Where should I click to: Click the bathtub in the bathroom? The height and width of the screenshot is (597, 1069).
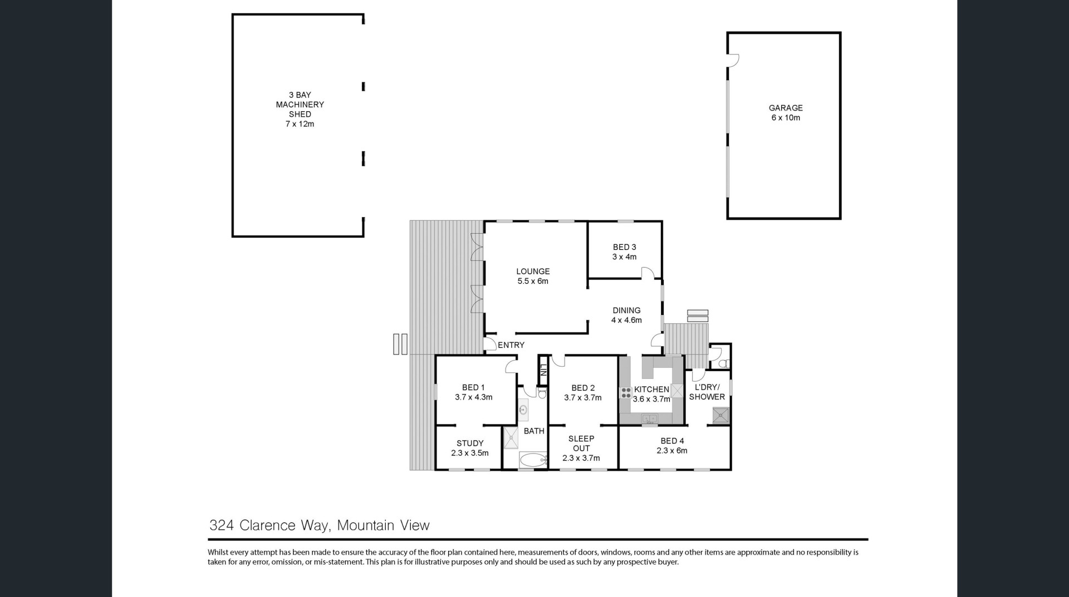click(x=533, y=460)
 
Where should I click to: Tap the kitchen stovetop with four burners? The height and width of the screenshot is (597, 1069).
click(x=626, y=393)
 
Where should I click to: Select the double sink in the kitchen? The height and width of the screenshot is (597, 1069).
click(x=649, y=418)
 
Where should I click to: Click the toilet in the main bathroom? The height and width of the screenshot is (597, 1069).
click(x=542, y=394)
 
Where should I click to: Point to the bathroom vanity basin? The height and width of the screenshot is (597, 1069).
click(x=523, y=410)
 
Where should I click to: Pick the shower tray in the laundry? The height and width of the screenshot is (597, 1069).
click(x=720, y=415)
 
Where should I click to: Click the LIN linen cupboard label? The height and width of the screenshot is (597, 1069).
click(x=543, y=370)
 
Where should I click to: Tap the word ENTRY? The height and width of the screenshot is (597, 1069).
click(x=511, y=345)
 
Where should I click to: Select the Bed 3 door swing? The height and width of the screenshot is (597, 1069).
click(x=648, y=273)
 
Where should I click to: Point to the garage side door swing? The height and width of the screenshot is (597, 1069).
click(x=733, y=60)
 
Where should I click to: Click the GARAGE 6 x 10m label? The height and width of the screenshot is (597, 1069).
click(x=786, y=112)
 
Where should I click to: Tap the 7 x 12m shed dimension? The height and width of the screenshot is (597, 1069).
click(x=300, y=124)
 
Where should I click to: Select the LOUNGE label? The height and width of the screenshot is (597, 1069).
click(x=533, y=272)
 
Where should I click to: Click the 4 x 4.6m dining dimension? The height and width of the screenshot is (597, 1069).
click(x=626, y=320)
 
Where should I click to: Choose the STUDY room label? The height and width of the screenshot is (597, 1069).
click(x=470, y=443)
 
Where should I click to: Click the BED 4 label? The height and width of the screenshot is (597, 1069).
click(x=672, y=441)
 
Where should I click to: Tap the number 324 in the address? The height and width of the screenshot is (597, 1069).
click(x=222, y=525)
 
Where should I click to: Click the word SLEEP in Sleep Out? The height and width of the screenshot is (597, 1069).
click(x=581, y=439)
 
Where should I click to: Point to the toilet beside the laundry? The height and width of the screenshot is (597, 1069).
click(x=723, y=364)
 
